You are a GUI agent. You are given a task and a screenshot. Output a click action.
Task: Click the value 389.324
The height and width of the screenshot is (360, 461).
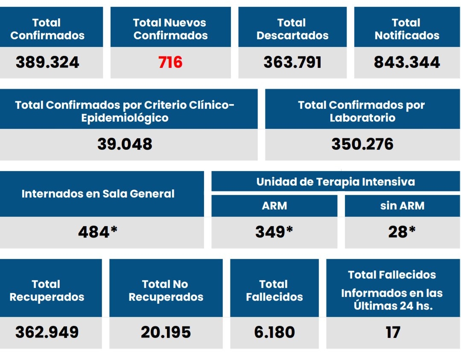click(47, 62)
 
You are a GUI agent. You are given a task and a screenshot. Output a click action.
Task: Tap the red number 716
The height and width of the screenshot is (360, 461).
click(170, 62)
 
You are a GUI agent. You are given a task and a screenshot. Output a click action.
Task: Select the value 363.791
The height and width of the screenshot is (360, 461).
click(292, 62)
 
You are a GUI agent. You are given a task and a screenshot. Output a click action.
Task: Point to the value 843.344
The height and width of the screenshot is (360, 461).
click(407, 62)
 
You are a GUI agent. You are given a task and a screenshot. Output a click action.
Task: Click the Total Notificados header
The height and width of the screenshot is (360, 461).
click(407, 29)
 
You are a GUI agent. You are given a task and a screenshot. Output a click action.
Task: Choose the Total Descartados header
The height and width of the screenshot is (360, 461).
click(292, 29)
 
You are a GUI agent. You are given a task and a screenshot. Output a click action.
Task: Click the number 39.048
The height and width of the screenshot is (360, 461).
click(125, 144)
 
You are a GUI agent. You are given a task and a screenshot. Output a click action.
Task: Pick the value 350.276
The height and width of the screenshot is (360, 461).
click(362, 144)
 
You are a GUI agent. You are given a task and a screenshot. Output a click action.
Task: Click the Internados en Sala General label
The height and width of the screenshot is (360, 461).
click(98, 194)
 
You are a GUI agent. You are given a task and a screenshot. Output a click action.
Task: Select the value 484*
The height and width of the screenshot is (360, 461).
click(98, 232)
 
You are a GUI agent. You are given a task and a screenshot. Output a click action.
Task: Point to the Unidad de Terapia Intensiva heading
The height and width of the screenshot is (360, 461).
click(336, 182)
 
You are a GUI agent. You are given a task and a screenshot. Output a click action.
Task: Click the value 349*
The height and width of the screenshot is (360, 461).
click(274, 232)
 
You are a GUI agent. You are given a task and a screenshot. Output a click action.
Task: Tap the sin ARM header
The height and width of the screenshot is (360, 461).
click(402, 206)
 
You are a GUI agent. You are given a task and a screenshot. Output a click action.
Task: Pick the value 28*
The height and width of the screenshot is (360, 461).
click(402, 232)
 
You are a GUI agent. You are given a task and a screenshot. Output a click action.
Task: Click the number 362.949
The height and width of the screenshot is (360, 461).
click(47, 332)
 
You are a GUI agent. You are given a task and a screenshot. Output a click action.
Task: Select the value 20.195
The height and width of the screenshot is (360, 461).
click(166, 332)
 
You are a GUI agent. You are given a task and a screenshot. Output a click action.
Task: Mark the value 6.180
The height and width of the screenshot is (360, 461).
click(274, 332)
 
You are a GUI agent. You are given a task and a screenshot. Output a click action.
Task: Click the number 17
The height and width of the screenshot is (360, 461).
click(393, 332)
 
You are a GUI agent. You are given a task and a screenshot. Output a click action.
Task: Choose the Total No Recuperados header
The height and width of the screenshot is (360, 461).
click(166, 290)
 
